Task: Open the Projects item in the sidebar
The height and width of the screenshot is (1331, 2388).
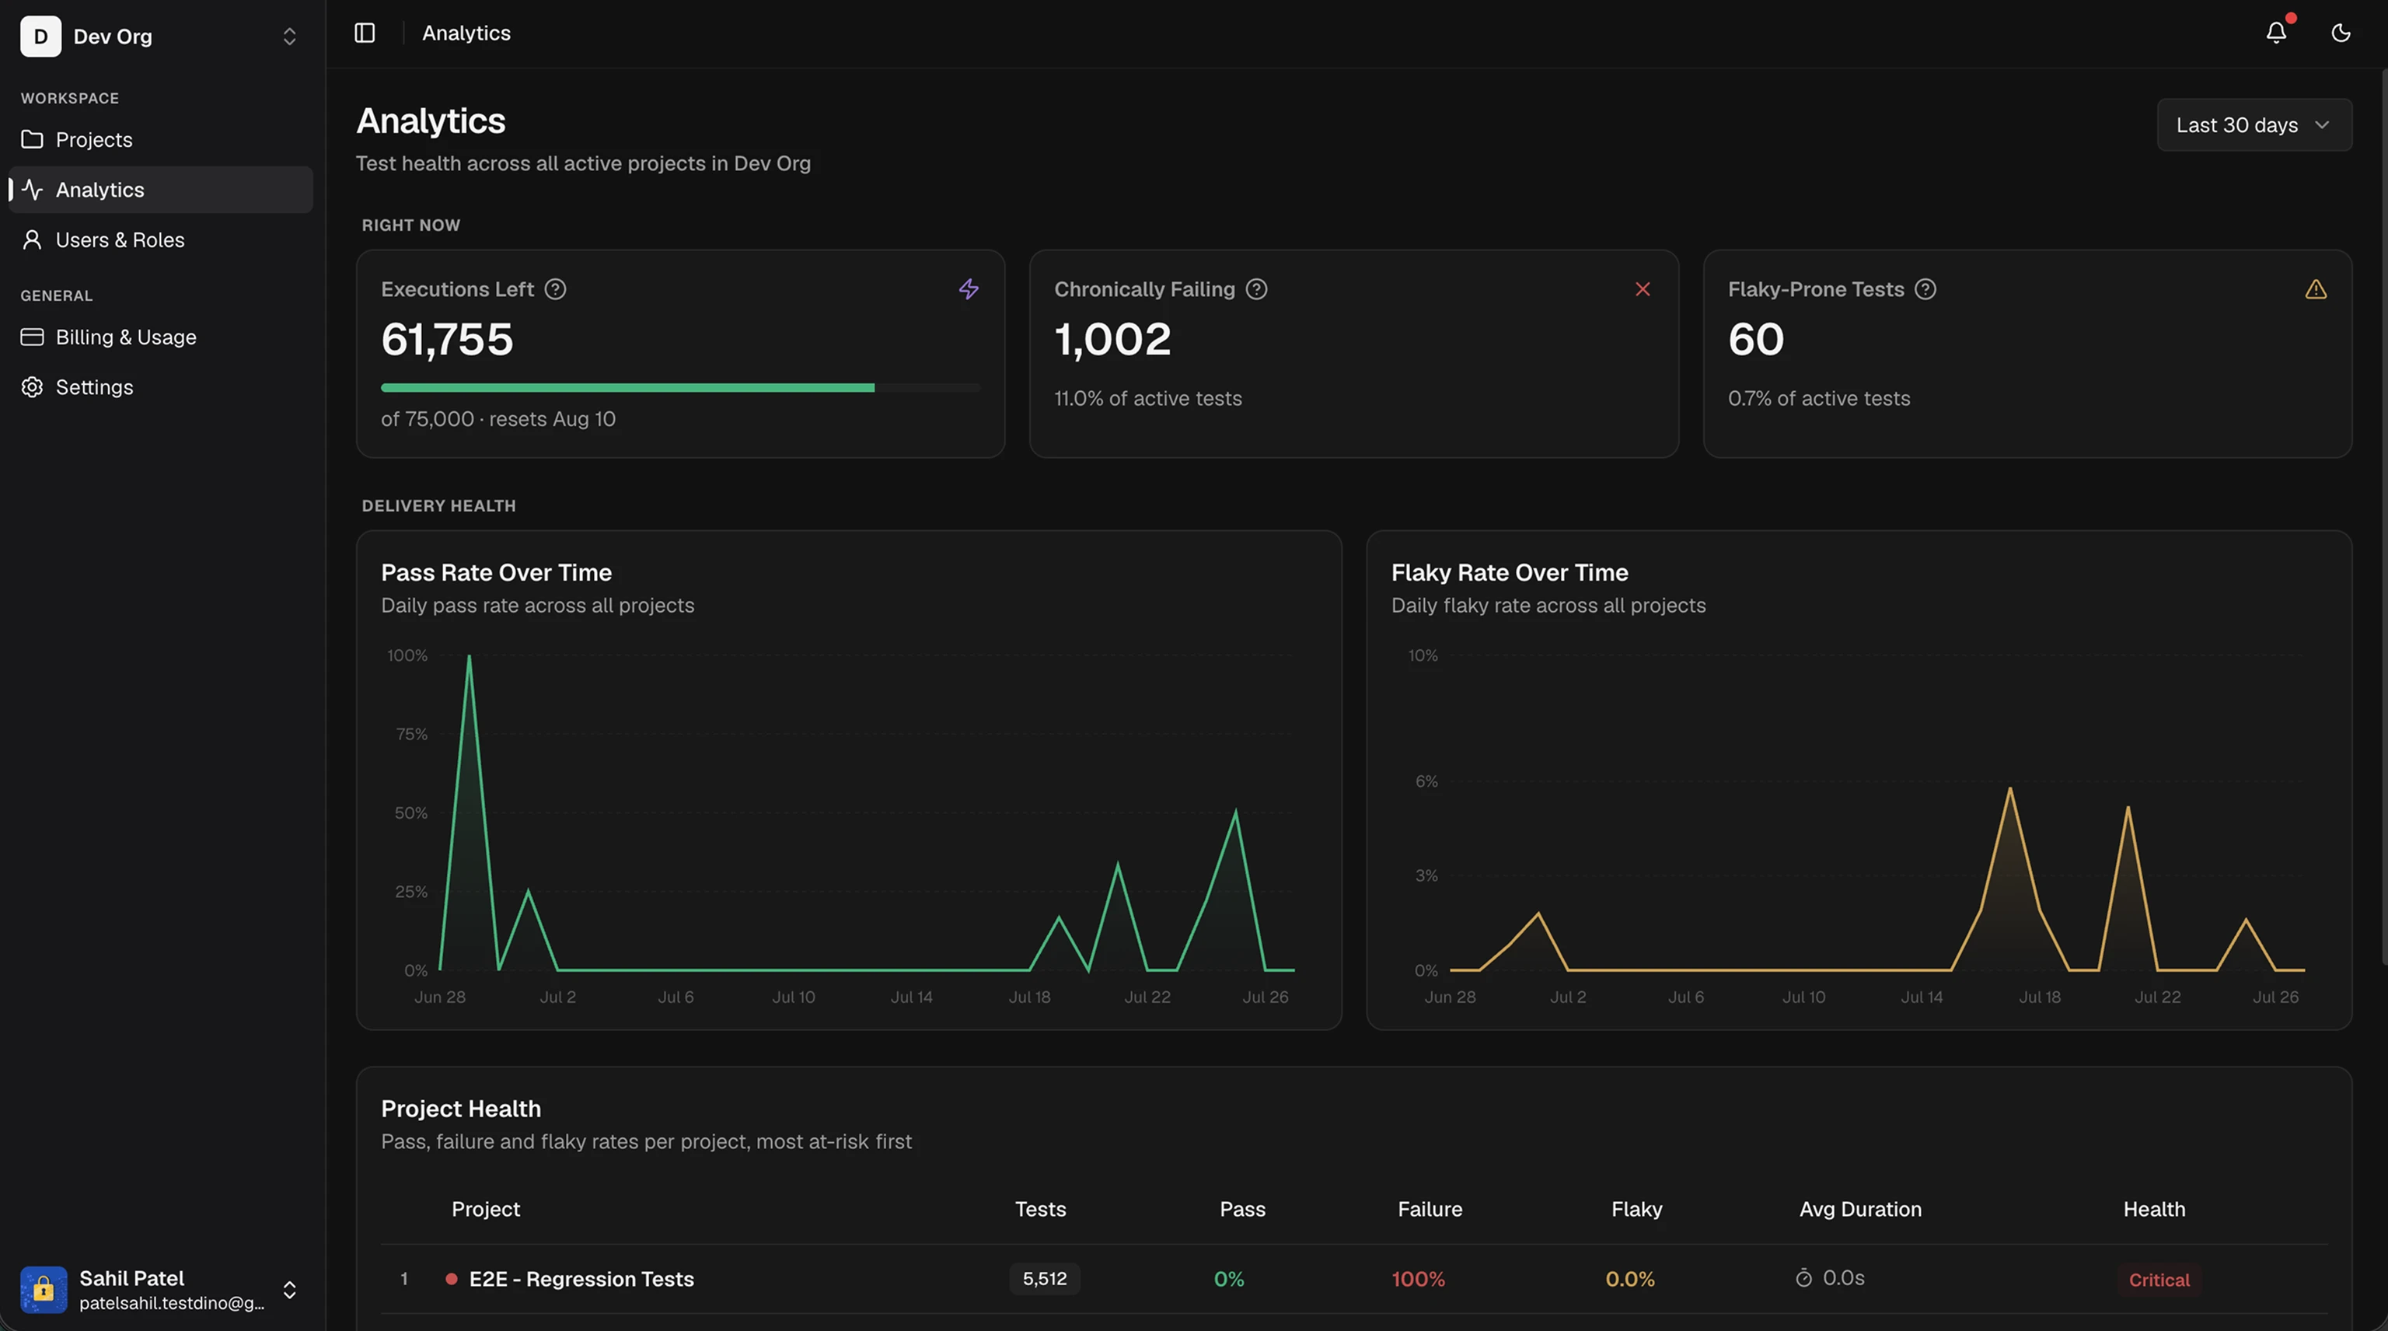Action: click(x=93, y=139)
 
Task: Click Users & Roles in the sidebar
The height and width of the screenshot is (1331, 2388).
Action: click(x=120, y=239)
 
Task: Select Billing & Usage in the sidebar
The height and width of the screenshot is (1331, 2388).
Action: click(x=125, y=337)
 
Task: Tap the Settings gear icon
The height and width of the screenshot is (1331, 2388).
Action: click(x=33, y=386)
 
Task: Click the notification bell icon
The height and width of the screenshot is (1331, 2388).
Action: click(x=2276, y=33)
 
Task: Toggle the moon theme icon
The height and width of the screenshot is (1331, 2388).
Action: click(x=2341, y=33)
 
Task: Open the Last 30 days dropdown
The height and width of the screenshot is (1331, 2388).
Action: click(x=2254, y=125)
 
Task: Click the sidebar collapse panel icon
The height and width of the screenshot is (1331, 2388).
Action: click(x=365, y=33)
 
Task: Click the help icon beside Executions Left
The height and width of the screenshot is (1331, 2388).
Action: click(x=555, y=289)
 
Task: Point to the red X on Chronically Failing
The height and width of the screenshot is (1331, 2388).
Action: click(x=1643, y=289)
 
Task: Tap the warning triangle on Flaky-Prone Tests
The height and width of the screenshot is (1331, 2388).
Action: click(x=2316, y=289)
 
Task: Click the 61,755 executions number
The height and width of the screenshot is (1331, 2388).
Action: click(x=447, y=339)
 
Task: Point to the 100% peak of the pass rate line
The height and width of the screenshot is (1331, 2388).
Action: click(x=469, y=656)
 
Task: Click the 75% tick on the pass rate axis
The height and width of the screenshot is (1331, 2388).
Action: click(x=411, y=734)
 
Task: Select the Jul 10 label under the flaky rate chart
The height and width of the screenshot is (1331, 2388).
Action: click(x=1803, y=997)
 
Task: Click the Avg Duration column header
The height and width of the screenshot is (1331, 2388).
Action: click(x=1859, y=1209)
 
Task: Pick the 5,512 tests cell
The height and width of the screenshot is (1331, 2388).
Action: click(x=1045, y=1278)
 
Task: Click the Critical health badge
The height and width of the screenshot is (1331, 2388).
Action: click(x=2159, y=1279)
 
